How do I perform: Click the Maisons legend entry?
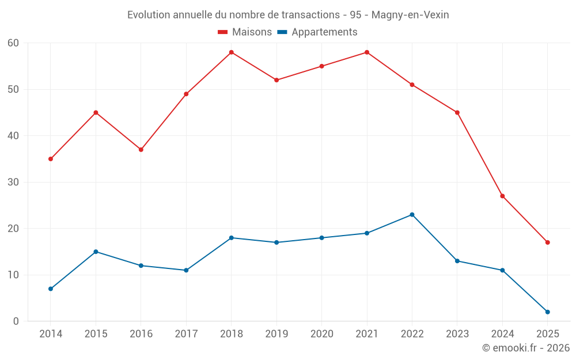[245, 32]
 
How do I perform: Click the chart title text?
[288, 15]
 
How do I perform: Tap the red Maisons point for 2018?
[232, 52]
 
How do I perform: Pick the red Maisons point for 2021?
[367, 52]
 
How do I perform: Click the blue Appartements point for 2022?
[412, 215]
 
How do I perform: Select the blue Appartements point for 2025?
[547, 312]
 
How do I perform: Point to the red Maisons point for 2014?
[51, 159]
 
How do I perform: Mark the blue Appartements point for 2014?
[51, 289]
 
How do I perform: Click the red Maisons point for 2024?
[502, 196]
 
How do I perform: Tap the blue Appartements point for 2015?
[96, 252]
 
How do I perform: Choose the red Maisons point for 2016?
[141, 150]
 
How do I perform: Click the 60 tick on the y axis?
[13, 43]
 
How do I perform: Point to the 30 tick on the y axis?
[13, 182]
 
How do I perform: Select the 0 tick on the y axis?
[16, 321]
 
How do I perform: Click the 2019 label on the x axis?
[276, 334]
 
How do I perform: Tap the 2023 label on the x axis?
[457, 334]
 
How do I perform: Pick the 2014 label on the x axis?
[51, 334]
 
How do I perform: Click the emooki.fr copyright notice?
[525, 348]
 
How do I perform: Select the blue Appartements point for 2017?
[186, 270]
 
